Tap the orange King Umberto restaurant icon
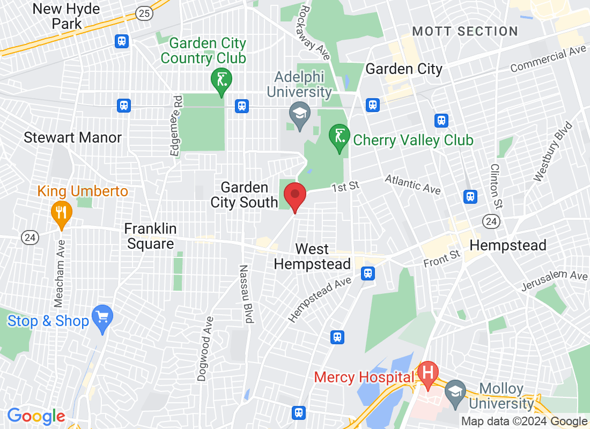point(62,211)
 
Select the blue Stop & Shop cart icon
point(101,316)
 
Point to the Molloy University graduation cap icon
point(455,391)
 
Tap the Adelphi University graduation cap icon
point(299,113)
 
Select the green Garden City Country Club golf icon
point(221,80)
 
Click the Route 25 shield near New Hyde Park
point(144,14)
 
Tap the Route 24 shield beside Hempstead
point(491,221)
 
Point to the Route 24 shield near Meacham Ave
point(30,236)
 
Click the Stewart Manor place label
point(72,138)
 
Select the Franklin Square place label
point(150,236)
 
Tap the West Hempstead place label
point(312,256)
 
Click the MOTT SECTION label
point(465,31)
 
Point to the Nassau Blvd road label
point(246,294)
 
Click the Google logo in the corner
point(36,416)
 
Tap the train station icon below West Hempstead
point(367,273)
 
